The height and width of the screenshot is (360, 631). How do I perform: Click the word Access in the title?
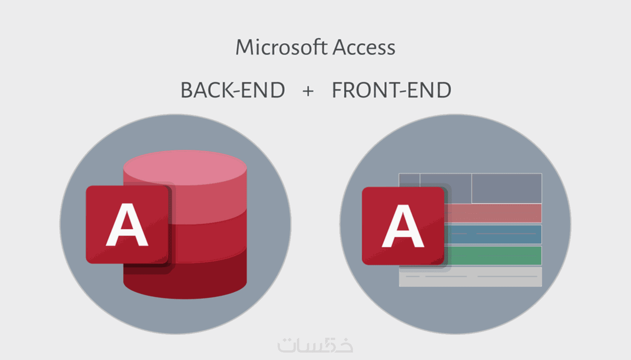point(364,48)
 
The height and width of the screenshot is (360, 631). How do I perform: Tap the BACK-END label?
point(232,90)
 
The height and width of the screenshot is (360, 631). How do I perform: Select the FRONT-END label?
point(392,90)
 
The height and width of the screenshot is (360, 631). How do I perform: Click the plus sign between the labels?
point(308,91)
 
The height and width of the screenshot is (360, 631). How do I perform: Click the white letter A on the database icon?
point(127,225)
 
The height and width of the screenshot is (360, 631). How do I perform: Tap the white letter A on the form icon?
point(403,226)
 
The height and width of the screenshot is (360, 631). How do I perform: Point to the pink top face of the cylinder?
point(185,168)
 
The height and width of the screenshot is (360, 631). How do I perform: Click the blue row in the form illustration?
point(493,234)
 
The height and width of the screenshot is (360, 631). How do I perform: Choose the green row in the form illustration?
point(493,255)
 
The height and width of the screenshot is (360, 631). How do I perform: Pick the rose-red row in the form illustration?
point(493,213)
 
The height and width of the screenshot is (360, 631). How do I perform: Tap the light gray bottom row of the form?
point(470,277)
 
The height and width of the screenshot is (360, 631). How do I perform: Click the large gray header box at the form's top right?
point(507,188)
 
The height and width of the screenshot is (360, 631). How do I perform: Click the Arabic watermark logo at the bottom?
point(315,345)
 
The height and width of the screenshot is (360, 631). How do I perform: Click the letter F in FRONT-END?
point(337,90)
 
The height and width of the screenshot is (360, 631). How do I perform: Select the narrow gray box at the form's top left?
point(409,180)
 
